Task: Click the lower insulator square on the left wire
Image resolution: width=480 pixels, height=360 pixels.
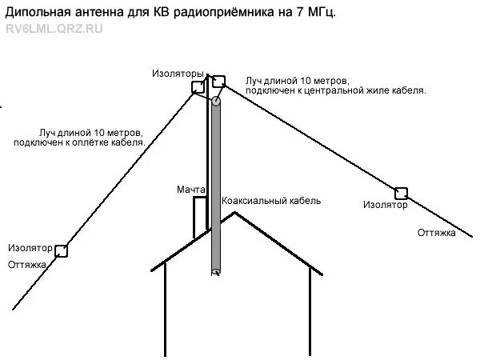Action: (61, 250)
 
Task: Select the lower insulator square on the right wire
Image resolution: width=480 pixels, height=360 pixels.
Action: (401, 193)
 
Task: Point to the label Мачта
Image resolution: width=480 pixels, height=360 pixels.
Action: (191, 190)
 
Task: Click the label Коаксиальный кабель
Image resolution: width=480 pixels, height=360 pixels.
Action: (271, 201)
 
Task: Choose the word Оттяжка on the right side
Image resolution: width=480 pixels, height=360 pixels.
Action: (437, 233)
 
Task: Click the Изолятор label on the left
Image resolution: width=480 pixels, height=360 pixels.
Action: (29, 248)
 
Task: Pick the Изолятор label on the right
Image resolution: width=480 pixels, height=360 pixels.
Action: (385, 206)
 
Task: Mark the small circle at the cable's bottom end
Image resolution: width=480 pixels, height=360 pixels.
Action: (216, 273)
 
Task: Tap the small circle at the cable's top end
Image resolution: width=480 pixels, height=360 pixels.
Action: (216, 102)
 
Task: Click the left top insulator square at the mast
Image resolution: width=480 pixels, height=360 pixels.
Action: (197, 87)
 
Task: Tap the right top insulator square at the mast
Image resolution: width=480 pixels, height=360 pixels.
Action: (218, 81)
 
